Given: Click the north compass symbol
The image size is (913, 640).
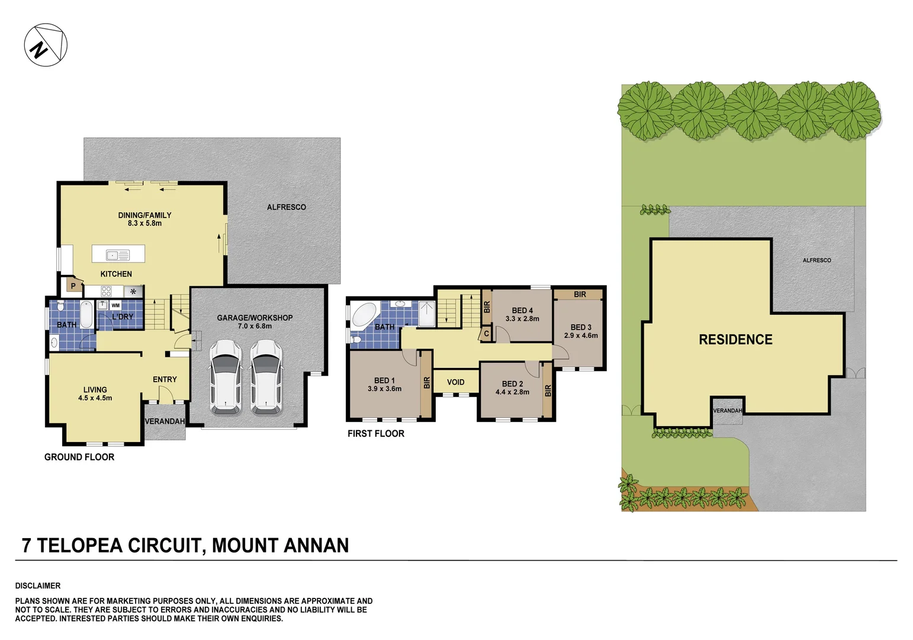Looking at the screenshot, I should tap(46, 45).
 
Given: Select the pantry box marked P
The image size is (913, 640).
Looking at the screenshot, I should tap(73, 286).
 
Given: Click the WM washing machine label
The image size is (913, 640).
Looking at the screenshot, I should tap(115, 306).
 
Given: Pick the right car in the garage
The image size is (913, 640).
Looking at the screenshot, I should tap(266, 377).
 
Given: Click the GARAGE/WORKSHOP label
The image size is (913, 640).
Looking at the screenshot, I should tap(255, 318).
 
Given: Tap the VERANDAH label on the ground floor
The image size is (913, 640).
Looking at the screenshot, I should tap(165, 421).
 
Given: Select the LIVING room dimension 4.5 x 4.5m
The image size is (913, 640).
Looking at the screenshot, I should tap(95, 398).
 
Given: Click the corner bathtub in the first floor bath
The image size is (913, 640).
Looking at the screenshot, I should tap(365, 315).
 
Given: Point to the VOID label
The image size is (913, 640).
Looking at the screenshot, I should tap(455, 382).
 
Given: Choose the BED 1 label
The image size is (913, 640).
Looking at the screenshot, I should tap(384, 380).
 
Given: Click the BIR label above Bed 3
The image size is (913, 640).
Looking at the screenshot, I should tap(580, 295).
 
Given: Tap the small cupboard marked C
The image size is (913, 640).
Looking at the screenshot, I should tap(487, 334).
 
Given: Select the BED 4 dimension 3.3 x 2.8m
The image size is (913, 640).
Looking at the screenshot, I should tap(522, 319).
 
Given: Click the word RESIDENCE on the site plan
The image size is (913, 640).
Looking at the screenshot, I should tap(735, 340).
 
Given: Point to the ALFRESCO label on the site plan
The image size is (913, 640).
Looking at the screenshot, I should tap(816, 260).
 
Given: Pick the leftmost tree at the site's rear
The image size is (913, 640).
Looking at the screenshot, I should tap(645, 110).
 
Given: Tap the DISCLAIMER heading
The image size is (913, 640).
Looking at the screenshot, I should tap(38, 585).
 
